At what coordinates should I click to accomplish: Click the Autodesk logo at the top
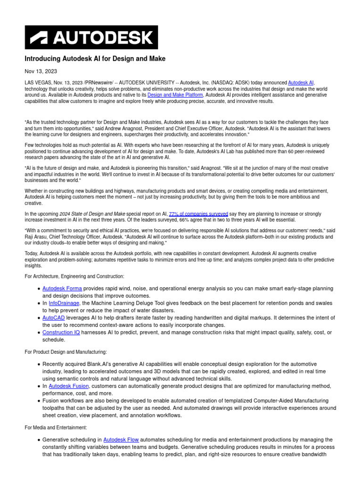click(91, 37)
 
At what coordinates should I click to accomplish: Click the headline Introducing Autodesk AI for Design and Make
click(95, 58)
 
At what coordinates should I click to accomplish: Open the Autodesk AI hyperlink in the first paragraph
click(301, 83)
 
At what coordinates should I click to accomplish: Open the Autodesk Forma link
click(62, 288)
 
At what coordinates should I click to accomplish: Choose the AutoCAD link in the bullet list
click(53, 318)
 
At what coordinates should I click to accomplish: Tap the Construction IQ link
click(61, 333)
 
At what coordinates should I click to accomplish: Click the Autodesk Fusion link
click(68, 386)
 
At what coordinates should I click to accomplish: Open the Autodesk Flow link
click(121, 440)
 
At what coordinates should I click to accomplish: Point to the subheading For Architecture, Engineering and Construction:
click(74, 276)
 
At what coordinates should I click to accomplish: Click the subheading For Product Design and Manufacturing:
click(66, 352)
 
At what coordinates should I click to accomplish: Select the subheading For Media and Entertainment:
click(56, 427)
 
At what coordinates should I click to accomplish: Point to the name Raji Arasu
click(37, 237)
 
